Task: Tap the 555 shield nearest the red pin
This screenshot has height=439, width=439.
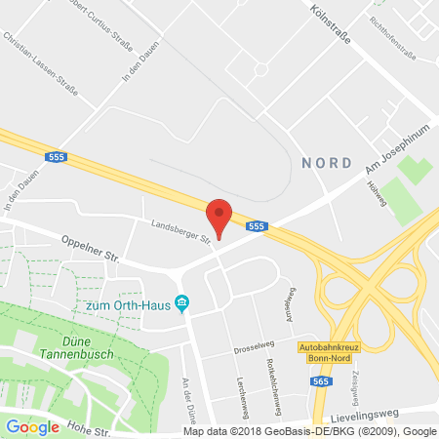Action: [256, 226]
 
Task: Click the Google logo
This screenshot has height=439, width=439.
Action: [32, 426]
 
